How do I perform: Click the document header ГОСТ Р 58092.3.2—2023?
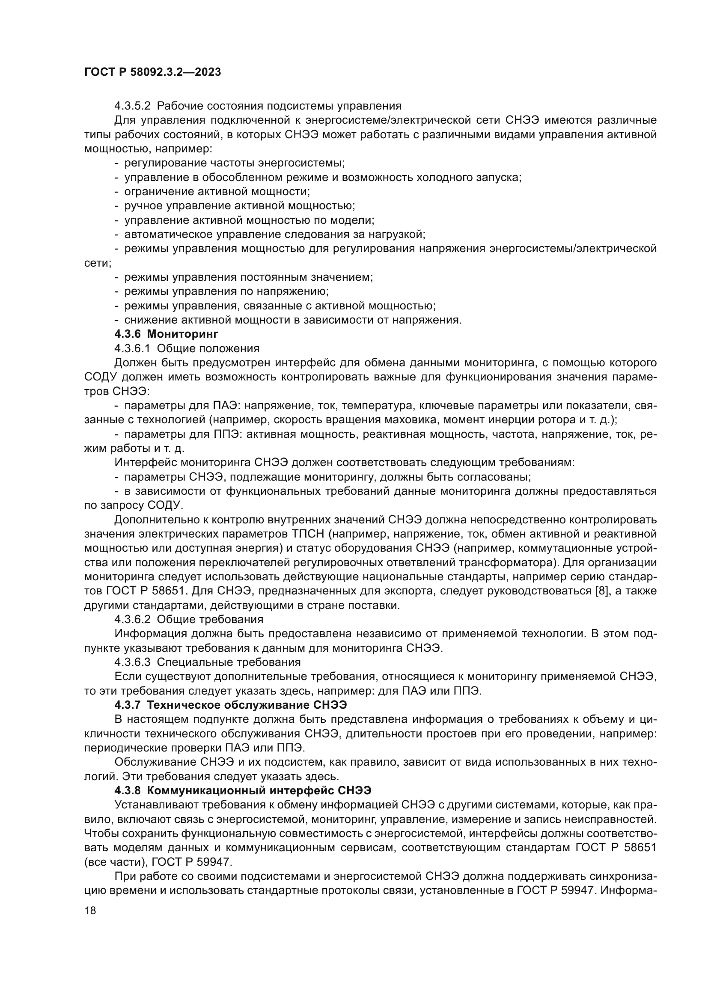click(152, 72)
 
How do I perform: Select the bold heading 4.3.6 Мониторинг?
click(166, 334)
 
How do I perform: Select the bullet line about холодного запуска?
click(323, 178)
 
